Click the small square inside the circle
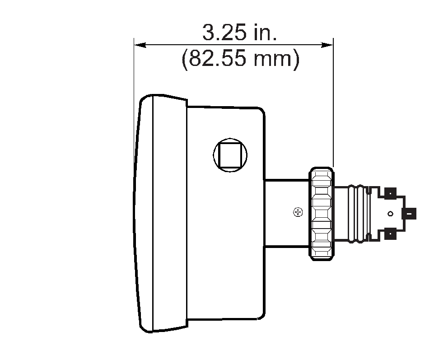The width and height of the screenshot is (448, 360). [230, 154]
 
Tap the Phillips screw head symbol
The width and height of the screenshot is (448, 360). [298, 211]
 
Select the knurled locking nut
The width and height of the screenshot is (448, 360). [321, 213]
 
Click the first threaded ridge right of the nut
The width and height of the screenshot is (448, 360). [351, 213]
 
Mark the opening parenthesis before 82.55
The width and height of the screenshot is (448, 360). [185, 60]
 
